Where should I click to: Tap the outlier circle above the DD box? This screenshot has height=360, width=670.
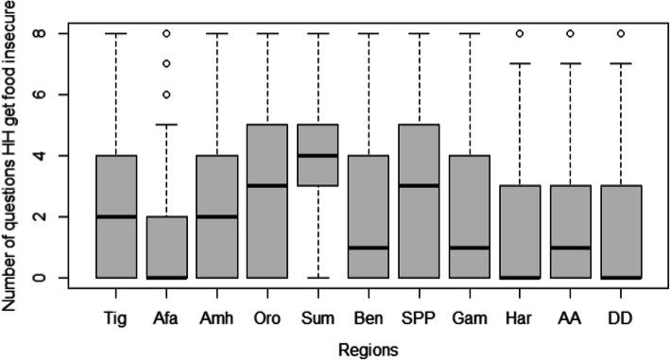pos(616,33)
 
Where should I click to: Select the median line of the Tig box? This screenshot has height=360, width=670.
pos(115,216)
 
